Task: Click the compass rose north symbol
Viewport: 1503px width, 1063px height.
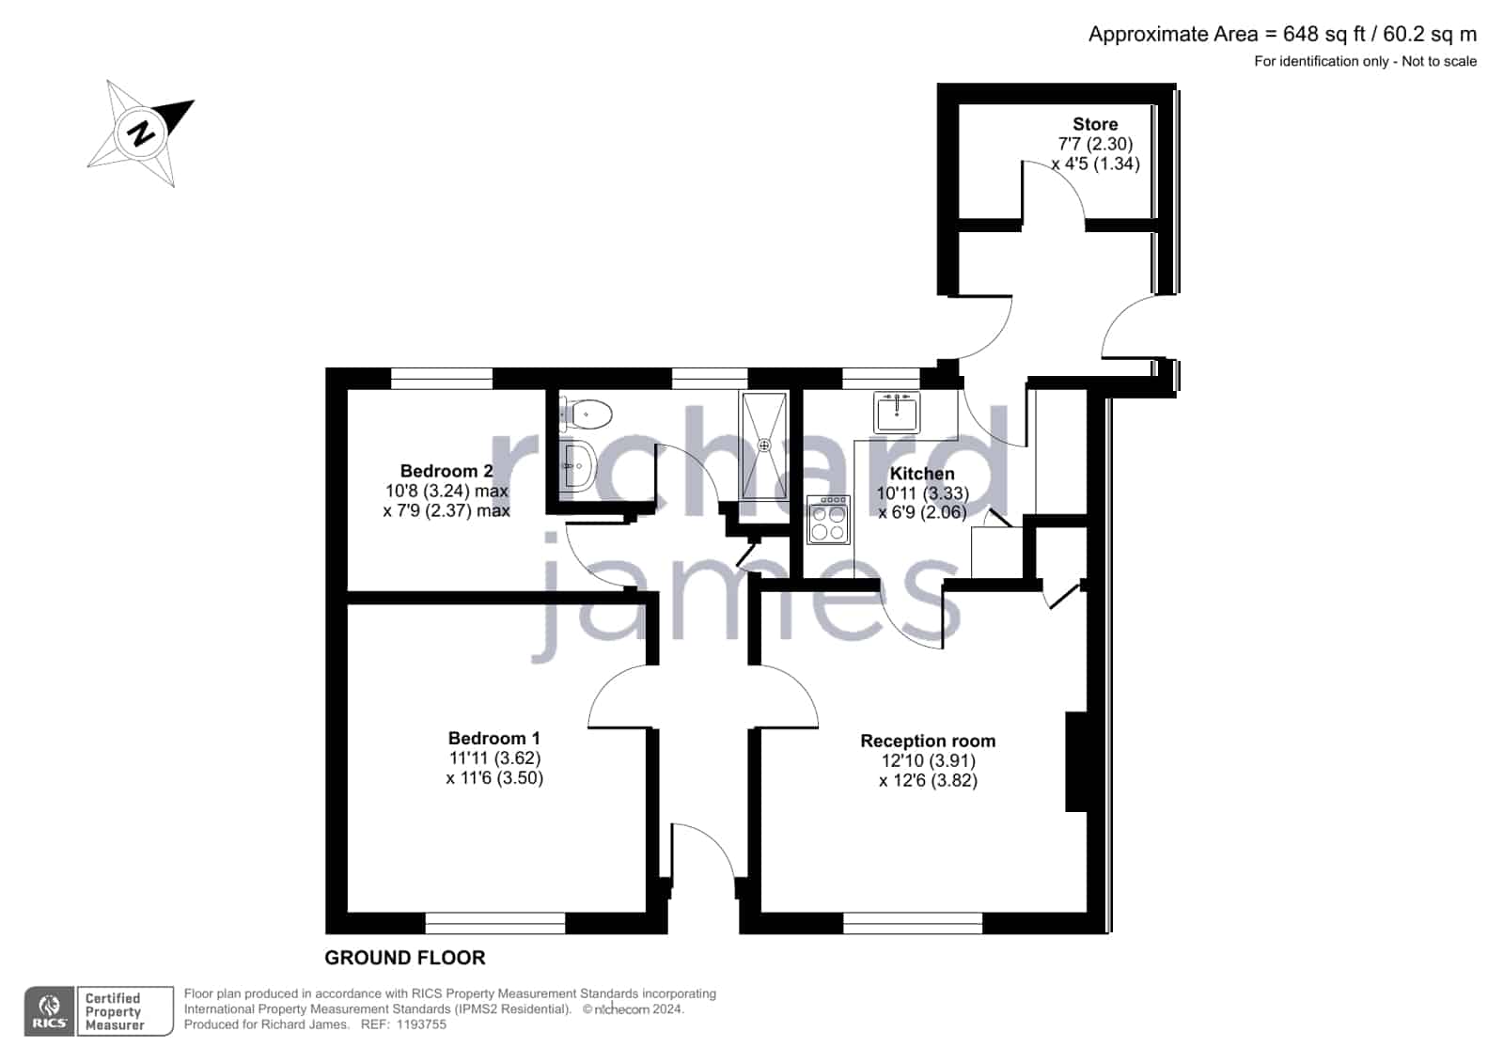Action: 141,133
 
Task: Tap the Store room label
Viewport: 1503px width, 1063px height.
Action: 1095,124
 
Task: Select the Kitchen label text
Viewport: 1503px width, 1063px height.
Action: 922,474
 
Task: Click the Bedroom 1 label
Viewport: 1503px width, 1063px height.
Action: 493,738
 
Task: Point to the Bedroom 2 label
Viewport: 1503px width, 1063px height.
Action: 446,471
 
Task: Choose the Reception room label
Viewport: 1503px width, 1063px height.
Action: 928,741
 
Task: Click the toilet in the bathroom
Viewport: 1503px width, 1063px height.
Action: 586,414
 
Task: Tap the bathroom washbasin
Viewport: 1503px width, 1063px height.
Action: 577,466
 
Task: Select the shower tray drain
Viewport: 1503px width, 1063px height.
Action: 763,445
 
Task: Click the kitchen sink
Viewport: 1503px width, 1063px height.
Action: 897,412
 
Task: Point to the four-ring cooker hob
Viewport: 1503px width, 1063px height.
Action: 828,520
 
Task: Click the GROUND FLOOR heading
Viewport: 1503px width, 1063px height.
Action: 404,958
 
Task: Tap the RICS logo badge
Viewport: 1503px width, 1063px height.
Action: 50,1011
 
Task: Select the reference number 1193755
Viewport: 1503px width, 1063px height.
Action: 421,1024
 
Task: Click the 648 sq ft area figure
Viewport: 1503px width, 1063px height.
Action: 1323,34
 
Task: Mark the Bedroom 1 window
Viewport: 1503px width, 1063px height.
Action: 495,923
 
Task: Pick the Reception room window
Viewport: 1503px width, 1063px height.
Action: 913,923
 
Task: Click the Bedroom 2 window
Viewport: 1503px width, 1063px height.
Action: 442,379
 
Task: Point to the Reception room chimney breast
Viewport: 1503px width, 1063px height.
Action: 1076,761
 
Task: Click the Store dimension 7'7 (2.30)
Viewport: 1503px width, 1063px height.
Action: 1095,144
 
